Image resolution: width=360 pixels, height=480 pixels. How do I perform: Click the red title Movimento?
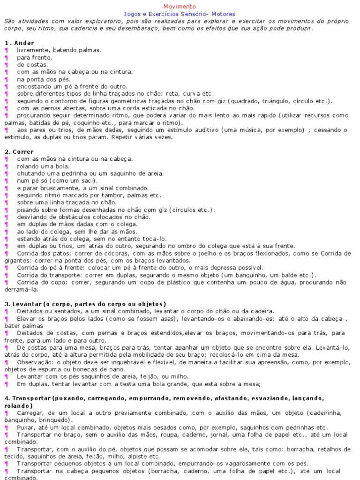[x=180, y=7]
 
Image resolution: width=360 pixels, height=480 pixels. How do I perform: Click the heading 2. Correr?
[x=19, y=152]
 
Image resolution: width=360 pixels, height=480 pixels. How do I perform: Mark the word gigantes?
[x=17, y=260]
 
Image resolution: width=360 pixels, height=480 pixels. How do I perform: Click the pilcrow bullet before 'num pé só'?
[x=7, y=181]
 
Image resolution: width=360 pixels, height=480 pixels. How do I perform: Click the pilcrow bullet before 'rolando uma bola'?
[x=7, y=166]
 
